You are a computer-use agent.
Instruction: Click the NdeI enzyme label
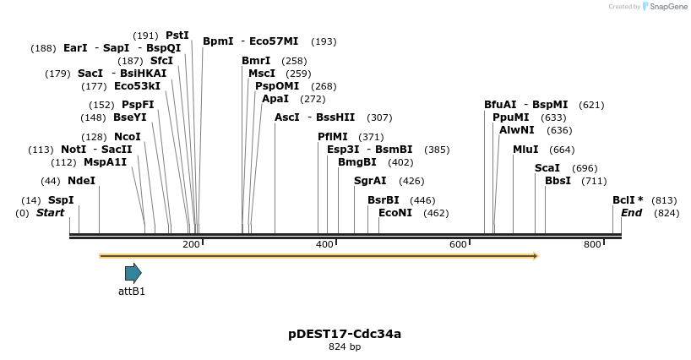coord(81,181)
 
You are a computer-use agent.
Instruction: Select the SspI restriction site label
coord(61,200)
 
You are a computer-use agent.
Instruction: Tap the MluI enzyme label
coord(525,150)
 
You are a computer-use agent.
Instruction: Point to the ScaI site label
coord(547,168)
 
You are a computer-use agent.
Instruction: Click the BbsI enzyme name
coord(558,181)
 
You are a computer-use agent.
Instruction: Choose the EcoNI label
coord(395,213)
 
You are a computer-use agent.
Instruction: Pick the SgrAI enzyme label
coord(370,181)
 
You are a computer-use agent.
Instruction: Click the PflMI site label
coord(333,137)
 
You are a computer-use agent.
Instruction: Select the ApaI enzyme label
coord(275,99)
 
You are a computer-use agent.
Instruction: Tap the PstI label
coord(177,35)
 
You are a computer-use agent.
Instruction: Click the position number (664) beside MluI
coord(562,150)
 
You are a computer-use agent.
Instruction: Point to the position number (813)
coord(664,200)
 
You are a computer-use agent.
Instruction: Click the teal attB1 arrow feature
coord(133,272)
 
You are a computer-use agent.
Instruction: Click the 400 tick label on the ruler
coord(324,244)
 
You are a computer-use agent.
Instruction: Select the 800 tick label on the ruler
coord(591,244)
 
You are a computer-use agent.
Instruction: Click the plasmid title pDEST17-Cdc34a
coord(345,334)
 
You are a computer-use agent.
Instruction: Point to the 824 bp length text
coord(345,346)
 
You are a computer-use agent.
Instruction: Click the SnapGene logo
coord(665,7)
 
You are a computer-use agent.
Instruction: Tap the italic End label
coord(631,213)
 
